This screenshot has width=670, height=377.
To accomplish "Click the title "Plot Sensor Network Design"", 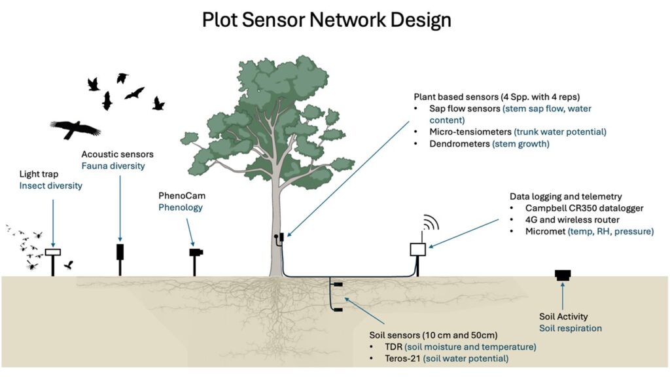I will [326, 20].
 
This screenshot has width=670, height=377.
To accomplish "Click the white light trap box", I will [53, 252].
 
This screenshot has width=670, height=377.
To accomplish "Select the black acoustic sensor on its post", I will [120, 252].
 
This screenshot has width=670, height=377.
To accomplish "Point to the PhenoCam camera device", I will [196, 252].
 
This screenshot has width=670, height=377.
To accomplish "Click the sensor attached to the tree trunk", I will [279, 240].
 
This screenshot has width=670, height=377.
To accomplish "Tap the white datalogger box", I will [418, 249].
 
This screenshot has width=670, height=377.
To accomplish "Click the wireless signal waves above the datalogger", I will [429, 223].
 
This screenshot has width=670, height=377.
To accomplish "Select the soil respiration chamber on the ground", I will [562, 274].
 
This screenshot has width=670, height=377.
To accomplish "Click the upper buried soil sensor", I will [338, 285].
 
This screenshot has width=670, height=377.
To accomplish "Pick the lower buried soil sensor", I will [338, 309].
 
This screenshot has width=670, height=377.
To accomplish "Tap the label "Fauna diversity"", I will [113, 166].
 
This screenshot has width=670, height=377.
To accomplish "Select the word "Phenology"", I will [180, 207].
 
